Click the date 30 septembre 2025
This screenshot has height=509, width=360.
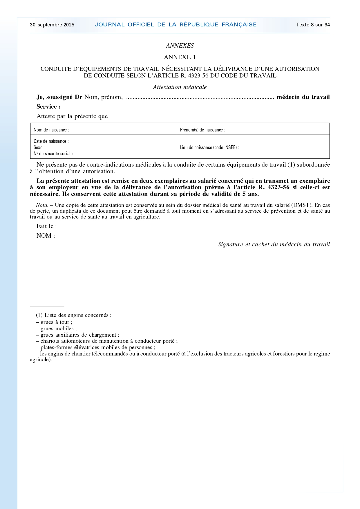click(x=52, y=25)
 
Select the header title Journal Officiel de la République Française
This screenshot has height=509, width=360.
click(x=176, y=25)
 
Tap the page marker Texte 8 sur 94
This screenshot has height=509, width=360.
click(x=313, y=25)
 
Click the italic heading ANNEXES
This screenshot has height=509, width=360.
click(x=180, y=46)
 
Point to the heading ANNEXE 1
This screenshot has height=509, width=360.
click(x=180, y=57)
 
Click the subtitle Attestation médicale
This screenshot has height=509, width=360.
click(x=180, y=87)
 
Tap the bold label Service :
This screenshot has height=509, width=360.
click(x=48, y=107)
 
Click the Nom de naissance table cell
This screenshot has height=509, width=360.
click(x=103, y=130)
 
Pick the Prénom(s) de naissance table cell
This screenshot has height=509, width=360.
click(x=253, y=130)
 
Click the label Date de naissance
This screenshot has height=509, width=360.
click(x=51, y=141)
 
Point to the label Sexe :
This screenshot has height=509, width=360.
click(x=39, y=147)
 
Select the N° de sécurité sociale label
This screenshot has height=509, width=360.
click(x=54, y=154)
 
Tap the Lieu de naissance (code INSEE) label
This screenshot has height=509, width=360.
click(x=209, y=147)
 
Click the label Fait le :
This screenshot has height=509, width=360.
click(x=47, y=226)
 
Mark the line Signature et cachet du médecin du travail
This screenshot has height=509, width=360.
click(x=274, y=244)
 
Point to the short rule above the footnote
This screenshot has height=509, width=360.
click(x=47, y=306)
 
